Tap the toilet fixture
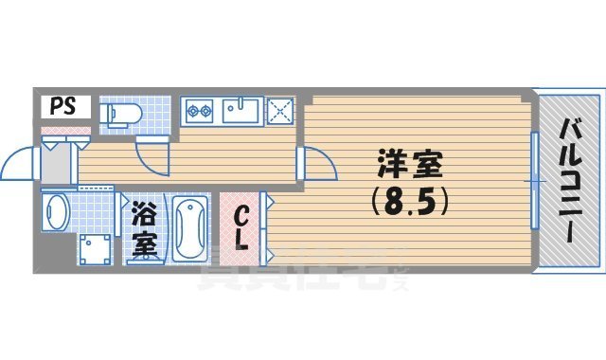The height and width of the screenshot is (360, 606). point(119,114)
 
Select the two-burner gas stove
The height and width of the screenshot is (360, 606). point(201,111)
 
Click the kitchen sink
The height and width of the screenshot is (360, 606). point(242,111)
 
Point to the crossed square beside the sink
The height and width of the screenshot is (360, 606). point(281,111)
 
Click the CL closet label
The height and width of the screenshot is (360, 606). point(241,227)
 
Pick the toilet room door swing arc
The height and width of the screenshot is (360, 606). point(151,151)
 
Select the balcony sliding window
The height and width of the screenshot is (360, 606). point(535,180)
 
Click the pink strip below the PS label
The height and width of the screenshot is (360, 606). point(64,127)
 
